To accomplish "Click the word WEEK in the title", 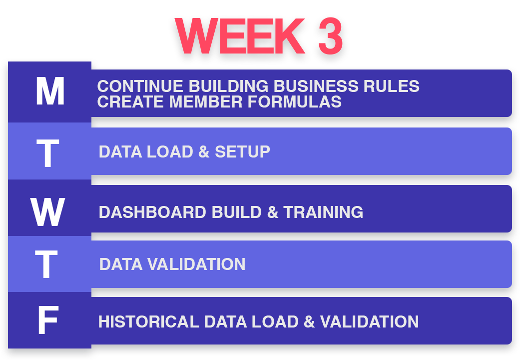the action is (240, 36).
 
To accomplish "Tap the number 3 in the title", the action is (330, 36).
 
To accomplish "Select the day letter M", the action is (50, 91).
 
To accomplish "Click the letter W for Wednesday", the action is (47, 211).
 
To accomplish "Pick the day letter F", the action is (48, 320).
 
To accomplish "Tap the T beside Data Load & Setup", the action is (47, 153).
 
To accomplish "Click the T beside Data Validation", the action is (46, 264).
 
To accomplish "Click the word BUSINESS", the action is (316, 86).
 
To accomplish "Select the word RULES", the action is (392, 86).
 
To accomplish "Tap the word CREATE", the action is (130, 101).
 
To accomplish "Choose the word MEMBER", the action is (206, 101).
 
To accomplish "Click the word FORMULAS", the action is (295, 101).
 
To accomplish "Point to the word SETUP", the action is (242, 152).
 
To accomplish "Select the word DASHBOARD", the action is (152, 212).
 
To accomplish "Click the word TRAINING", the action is (323, 212).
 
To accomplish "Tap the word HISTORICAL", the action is (148, 322).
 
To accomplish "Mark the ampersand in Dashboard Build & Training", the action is (273, 212).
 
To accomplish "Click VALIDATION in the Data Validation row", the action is (196, 264).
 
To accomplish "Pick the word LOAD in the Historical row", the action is (275, 322).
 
